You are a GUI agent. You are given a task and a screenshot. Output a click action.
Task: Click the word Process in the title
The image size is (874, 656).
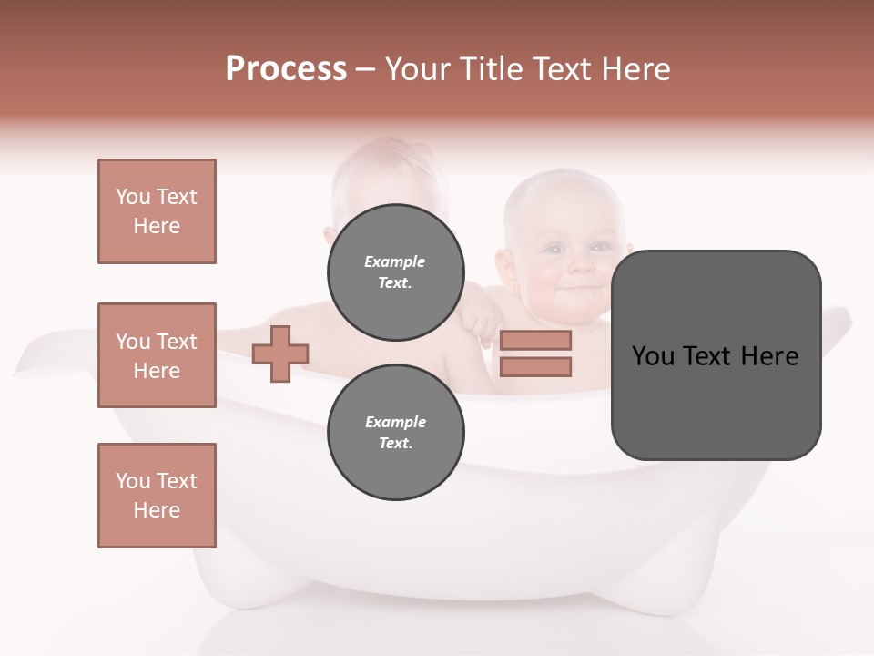pos(286,69)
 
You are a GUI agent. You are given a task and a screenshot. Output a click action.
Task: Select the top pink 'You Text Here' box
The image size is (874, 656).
pos(157,211)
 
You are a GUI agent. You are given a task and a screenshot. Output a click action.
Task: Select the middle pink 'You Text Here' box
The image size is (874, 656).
pos(157,355)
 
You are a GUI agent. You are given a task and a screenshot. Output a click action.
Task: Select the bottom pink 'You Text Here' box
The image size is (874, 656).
pos(157,496)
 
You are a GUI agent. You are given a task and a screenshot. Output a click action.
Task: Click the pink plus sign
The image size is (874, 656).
pos(280,354)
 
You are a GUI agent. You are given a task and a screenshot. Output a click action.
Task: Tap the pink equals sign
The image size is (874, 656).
pos(535,354)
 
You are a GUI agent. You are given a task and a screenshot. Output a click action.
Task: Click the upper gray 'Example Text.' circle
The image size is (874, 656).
pos(395,272)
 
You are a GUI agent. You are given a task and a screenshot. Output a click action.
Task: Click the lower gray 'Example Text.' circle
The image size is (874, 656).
pos(395,432)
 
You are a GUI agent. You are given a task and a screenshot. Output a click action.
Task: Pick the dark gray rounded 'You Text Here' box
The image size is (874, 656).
pos(716,354)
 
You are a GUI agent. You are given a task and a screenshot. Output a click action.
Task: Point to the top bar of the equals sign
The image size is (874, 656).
pos(535,340)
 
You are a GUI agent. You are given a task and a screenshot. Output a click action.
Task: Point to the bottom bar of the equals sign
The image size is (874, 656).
pos(535,367)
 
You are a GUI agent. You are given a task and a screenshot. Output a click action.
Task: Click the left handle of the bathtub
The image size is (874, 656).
pos(46,355)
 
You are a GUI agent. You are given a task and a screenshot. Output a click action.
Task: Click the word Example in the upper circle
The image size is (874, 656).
pos(395,261)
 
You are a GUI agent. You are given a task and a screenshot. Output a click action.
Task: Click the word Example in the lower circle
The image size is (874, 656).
pos(395,422)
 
